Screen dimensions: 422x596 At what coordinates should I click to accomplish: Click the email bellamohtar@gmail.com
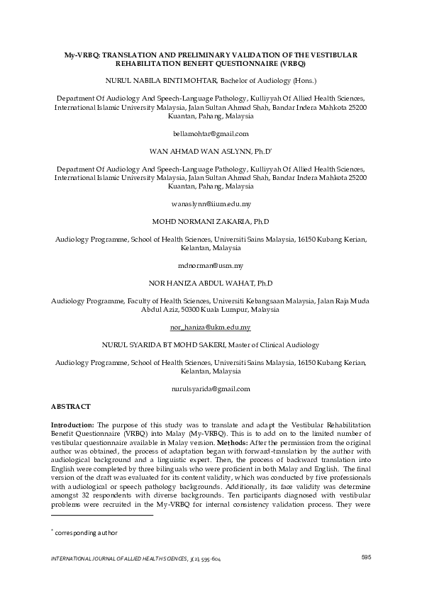[x=211, y=133]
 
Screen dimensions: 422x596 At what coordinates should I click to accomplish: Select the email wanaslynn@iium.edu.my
[x=211, y=204]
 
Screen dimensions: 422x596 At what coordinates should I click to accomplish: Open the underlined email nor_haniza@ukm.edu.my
[x=211, y=327]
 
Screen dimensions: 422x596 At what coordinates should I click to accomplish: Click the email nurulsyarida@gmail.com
[x=211, y=389]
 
